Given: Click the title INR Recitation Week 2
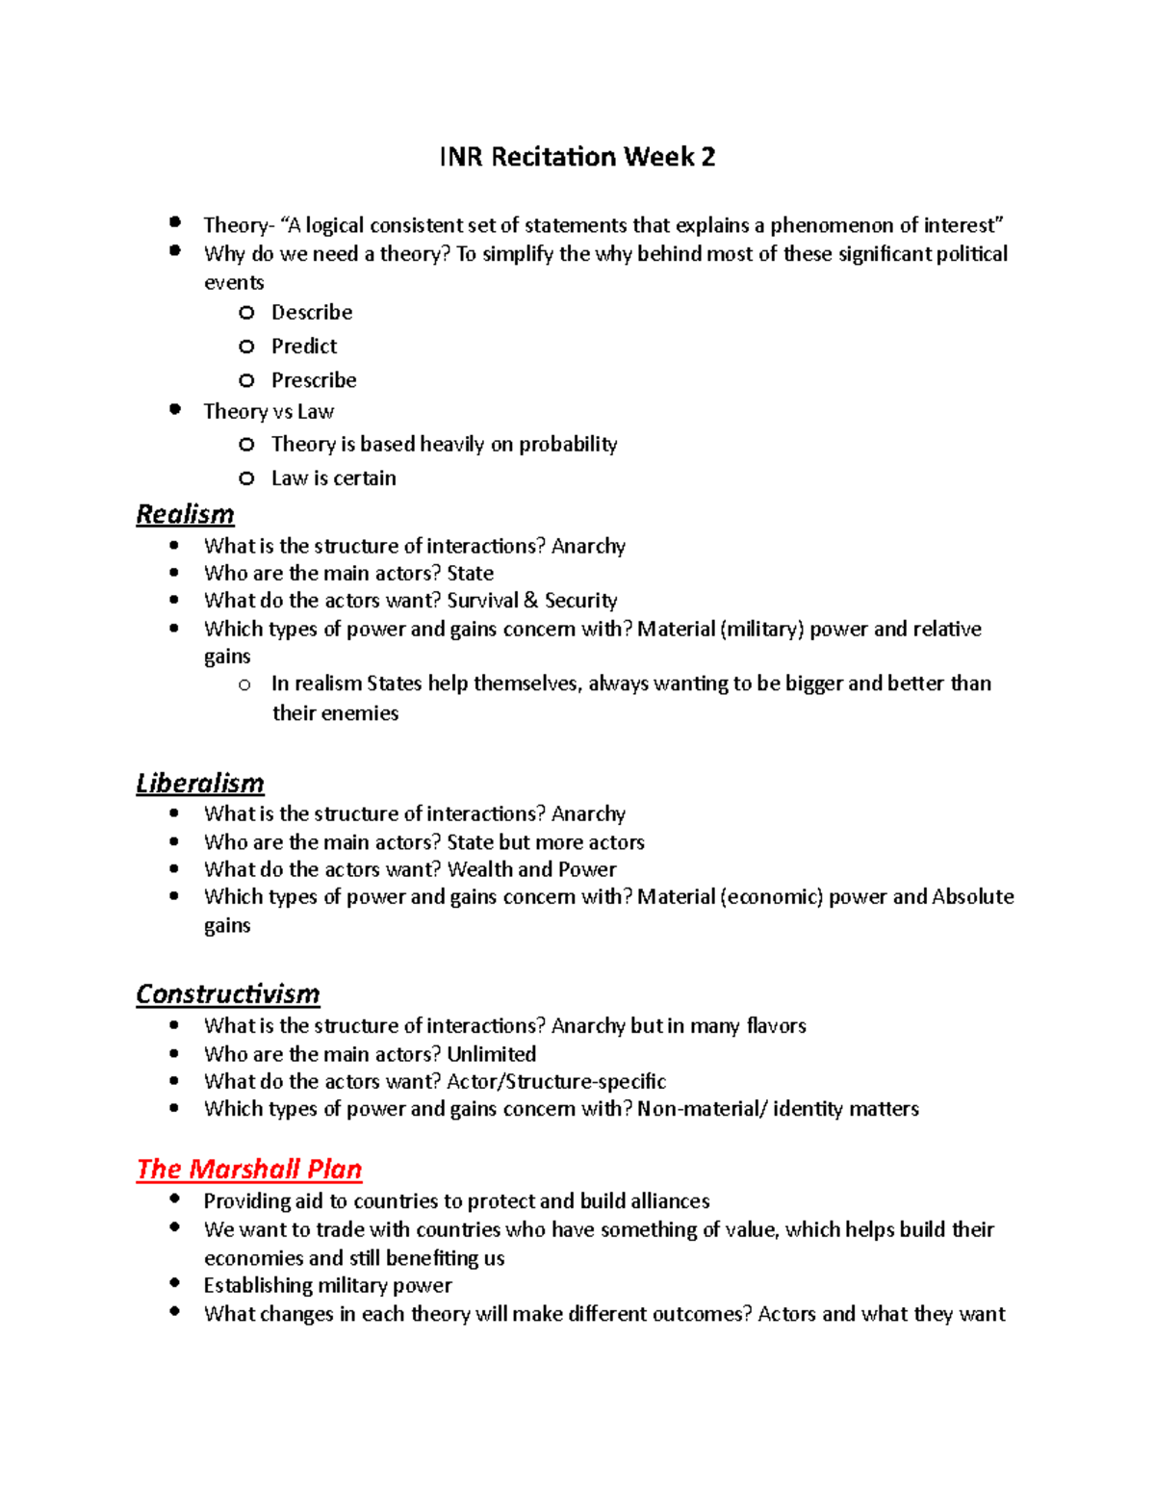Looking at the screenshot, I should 577,157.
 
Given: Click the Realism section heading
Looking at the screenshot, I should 185,514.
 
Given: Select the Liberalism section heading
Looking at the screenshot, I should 199,783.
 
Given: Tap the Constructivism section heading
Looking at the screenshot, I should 227,993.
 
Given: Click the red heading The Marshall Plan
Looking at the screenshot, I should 248,1169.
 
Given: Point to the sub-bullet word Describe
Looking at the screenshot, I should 312,313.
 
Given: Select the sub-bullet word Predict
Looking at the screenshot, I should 304,347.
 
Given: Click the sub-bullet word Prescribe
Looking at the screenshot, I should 314,380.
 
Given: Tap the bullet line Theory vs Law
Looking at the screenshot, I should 269,412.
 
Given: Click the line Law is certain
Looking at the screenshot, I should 333,478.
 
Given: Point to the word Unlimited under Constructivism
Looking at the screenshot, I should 491,1054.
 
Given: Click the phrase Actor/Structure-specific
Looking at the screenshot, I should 556,1081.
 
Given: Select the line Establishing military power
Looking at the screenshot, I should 327,1286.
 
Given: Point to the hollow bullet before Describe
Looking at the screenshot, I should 247,313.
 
